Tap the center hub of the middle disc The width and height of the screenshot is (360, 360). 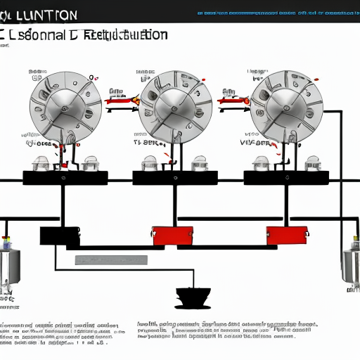(x=172, y=107)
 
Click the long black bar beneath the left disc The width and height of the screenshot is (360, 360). (x=65, y=178)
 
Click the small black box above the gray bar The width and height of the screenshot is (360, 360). (x=60, y=236)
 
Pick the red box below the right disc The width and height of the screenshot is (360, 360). (x=286, y=235)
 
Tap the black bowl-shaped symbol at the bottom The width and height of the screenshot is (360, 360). (x=190, y=297)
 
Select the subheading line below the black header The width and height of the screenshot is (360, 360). (x=84, y=35)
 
